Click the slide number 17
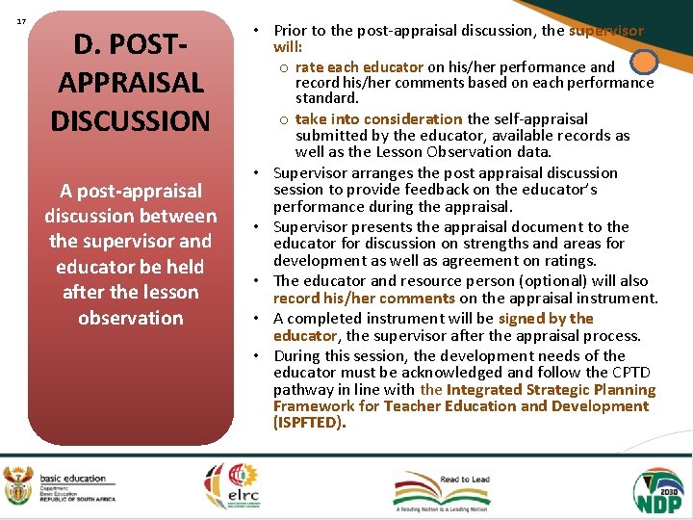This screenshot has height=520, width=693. [20, 20]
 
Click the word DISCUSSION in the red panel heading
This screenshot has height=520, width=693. [130, 121]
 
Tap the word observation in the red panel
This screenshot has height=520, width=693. [130, 318]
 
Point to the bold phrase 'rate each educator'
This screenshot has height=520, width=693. [359, 66]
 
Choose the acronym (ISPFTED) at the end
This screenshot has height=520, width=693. [309, 423]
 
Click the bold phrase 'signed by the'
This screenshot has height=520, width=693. [546, 319]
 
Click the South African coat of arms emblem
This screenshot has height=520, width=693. [17, 485]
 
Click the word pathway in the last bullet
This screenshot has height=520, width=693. [303, 390]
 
